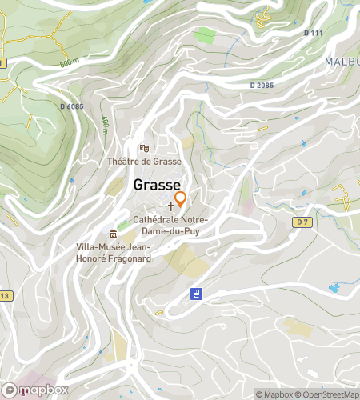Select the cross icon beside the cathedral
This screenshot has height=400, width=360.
point(170,206)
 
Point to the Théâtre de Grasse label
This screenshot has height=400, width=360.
point(145,161)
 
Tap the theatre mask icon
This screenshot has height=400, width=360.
point(144,147)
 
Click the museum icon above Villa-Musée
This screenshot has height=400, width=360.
point(113,234)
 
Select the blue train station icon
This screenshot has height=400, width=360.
point(195,294)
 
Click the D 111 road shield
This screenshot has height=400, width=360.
point(314,33)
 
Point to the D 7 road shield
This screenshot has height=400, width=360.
point(301,221)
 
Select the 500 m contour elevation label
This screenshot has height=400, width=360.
point(70,62)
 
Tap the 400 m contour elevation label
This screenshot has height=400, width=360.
point(105,125)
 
